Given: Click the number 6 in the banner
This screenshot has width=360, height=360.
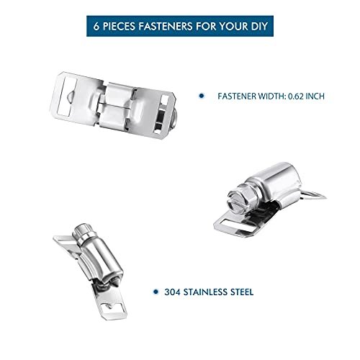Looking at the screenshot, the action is click(x=96, y=26).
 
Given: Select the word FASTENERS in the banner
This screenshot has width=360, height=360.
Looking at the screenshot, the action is click(x=166, y=26).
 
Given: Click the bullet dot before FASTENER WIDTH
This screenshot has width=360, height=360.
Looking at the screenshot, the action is click(x=202, y=96).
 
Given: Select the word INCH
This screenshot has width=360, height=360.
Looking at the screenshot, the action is click(x=315, y=96).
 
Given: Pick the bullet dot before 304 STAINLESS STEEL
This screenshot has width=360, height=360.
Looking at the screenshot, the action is click(x=156, y=292).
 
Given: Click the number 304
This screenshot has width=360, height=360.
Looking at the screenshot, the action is click(x=172, y=292).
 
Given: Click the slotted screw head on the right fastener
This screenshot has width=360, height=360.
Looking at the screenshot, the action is click(x=237, y=204).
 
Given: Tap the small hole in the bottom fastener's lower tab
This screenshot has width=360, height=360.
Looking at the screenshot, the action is click(x=110, y=307).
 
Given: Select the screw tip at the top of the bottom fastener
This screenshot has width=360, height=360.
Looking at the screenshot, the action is click(x=83, y=230).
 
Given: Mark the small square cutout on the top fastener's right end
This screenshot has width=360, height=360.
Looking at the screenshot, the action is click(x=165, y=99).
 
